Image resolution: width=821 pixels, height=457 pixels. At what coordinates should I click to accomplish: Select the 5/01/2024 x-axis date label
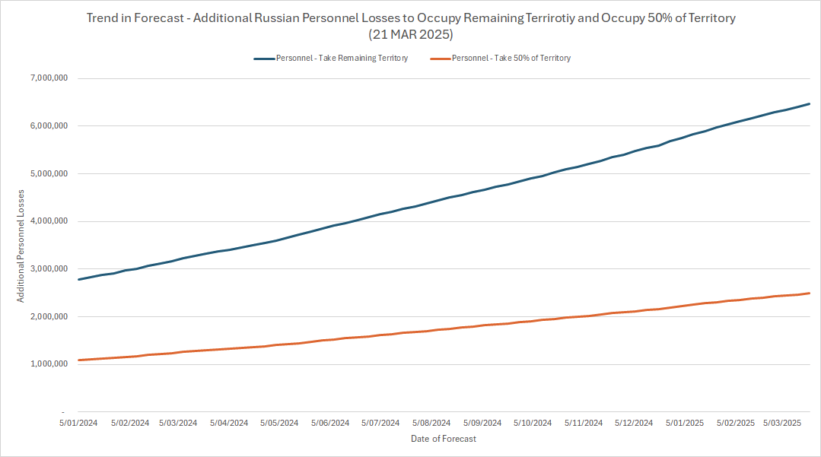coord(78,423)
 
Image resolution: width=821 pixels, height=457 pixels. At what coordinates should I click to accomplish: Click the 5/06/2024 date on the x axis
coord(329,423)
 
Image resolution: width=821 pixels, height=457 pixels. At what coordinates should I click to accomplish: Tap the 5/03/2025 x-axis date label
coord(781,423)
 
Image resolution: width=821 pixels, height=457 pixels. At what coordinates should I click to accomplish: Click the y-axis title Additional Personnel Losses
coord(21,245)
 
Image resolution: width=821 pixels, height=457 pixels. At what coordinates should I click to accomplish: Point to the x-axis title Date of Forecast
coord(443,439)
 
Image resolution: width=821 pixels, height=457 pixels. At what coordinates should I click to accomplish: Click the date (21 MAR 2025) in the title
coord(410,35)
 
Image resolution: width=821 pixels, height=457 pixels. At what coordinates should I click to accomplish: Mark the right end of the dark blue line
coord(809,103)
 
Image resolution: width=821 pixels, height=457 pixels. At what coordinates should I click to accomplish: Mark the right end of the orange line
coord(809,293)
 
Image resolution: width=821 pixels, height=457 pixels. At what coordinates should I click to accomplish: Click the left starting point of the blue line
coord(79,279)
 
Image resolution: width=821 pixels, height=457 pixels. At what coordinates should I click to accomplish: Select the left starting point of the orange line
coord(79,360)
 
